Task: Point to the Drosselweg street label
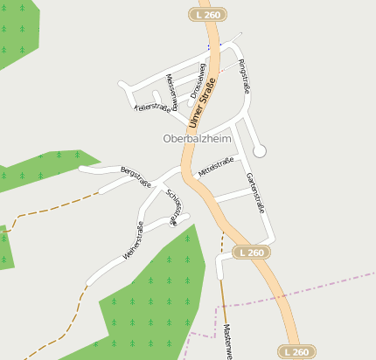tap(198, 80)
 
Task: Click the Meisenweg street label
tap(171, 91)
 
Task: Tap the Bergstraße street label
tap(136, 177)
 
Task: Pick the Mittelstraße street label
tap(215, 167)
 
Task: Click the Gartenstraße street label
tap(255, 192)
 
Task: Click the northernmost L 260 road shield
tap(209, 14)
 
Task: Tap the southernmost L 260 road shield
tap(296, 351)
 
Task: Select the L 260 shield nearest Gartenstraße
tap(250, 253)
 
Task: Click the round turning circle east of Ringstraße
tap(260, 151)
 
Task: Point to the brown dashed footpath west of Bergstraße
tap(52, 210)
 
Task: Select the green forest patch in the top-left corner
tap(16, 31)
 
